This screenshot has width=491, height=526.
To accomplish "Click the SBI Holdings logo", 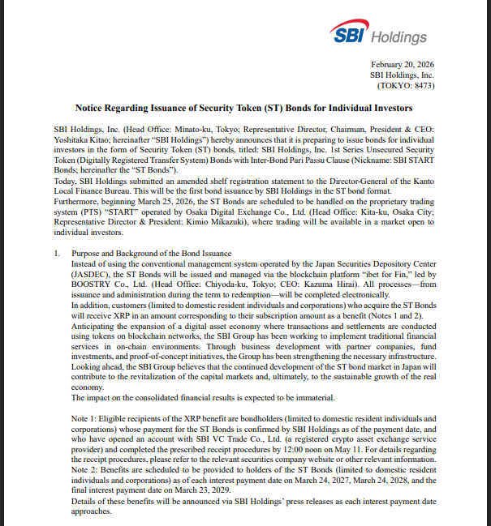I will point(378,33).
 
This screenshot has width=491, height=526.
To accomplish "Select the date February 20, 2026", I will point(402,64).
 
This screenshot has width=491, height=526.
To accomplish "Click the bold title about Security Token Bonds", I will point(244,108).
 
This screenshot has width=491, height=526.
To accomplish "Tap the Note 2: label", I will point(88,471).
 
